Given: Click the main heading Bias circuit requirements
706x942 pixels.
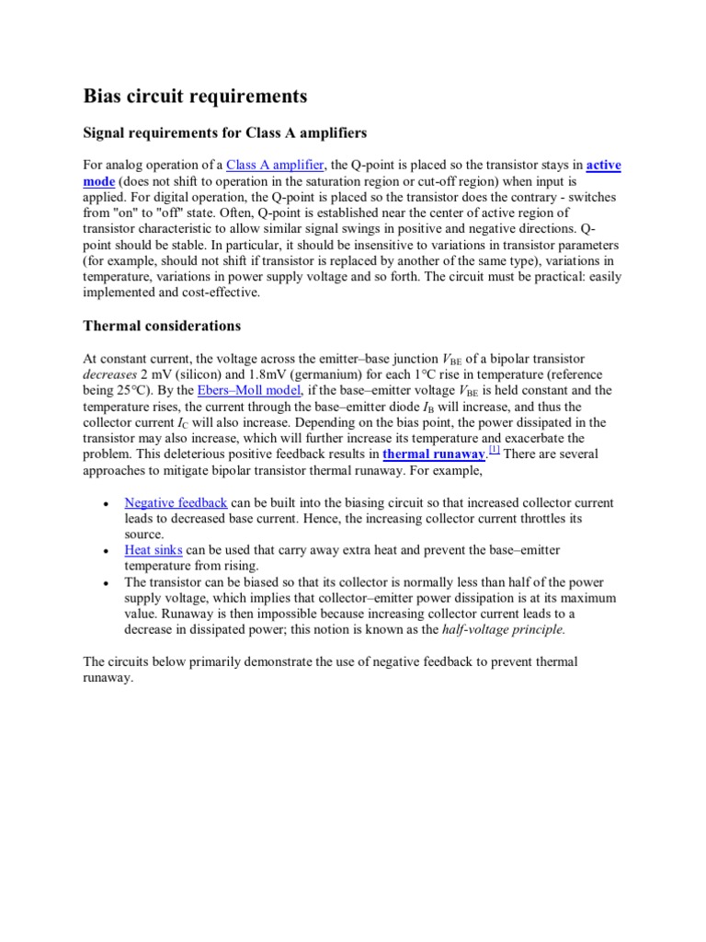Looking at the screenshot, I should pos(195,97).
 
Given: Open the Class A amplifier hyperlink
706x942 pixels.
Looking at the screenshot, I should pos(275,166).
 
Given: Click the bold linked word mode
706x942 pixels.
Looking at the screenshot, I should pos(98,182).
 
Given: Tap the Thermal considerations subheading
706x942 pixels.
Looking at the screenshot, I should pos(162,326).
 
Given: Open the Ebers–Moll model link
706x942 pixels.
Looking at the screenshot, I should pos(250,391).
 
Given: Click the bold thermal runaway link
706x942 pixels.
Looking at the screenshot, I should pos(433,455).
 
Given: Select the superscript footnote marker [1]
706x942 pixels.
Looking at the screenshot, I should pos(494,450).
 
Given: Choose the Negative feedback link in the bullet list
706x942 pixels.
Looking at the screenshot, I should pos(176,503).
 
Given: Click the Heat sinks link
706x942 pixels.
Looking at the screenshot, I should pos(154,550).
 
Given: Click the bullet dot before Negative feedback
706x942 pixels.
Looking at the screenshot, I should pos(107,505).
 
